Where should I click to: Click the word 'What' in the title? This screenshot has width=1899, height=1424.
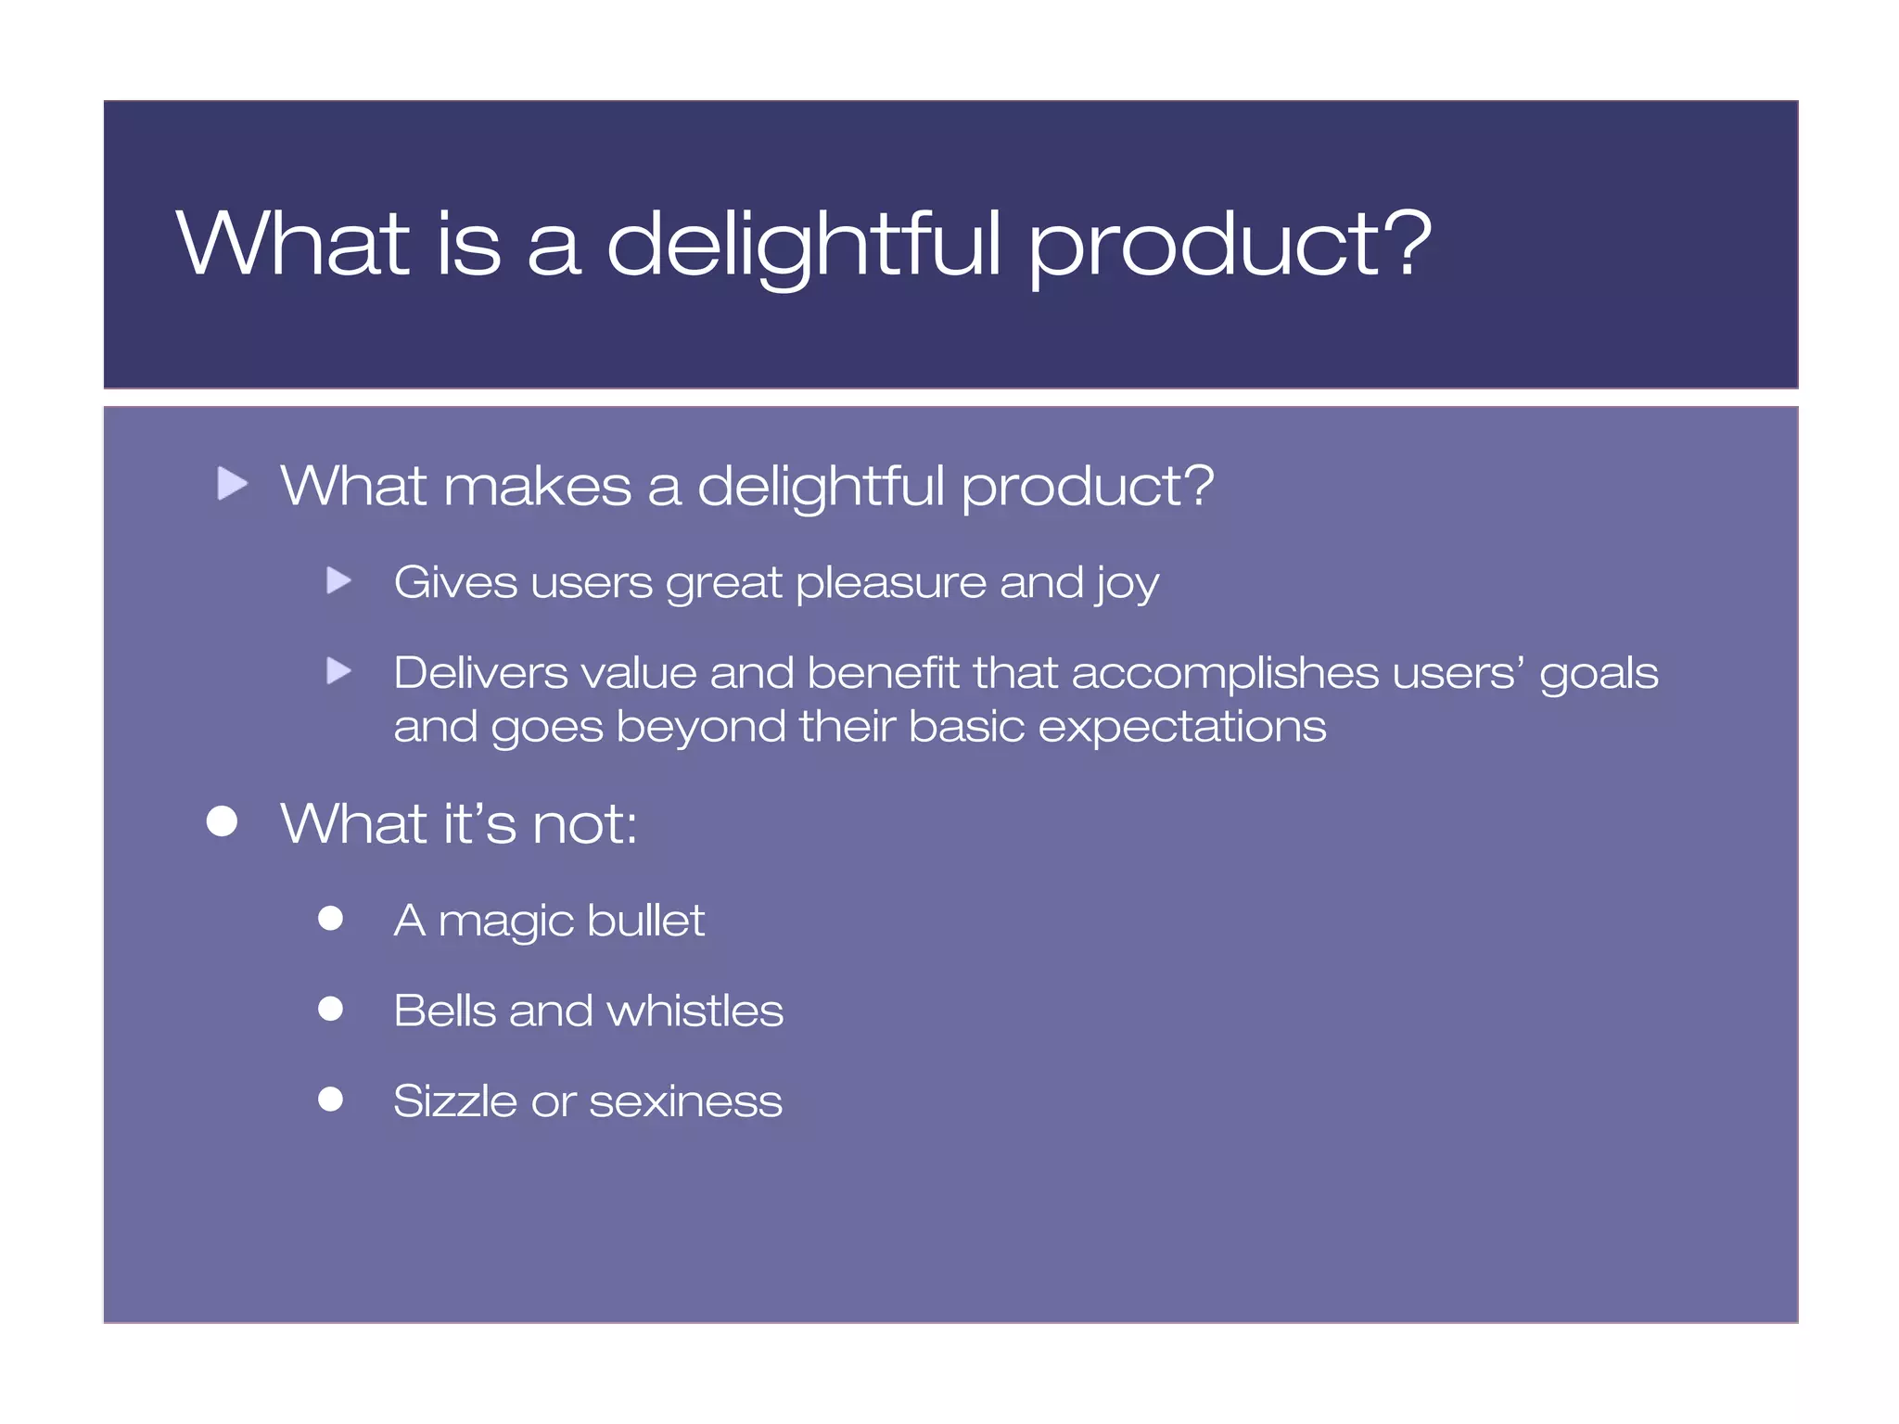pos(293,243)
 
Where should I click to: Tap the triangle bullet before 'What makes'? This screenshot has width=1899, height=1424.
pos(232,483)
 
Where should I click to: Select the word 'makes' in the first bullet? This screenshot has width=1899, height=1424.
pos(538,486)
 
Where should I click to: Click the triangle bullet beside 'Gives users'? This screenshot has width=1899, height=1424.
pos(339,581)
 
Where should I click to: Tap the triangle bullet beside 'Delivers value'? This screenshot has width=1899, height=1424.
pos(339,670)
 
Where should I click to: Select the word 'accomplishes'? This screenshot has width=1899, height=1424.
pos(1225,674)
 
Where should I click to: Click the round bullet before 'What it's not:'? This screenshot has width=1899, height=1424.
pos(223,820)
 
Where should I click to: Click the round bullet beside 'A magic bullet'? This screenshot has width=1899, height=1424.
pos(331,918)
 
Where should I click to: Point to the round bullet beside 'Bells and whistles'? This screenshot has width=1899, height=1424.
pos(331,1008)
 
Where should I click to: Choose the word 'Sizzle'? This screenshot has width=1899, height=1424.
pos(454,1101)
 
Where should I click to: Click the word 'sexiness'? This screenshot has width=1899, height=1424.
pos(685,1102)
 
